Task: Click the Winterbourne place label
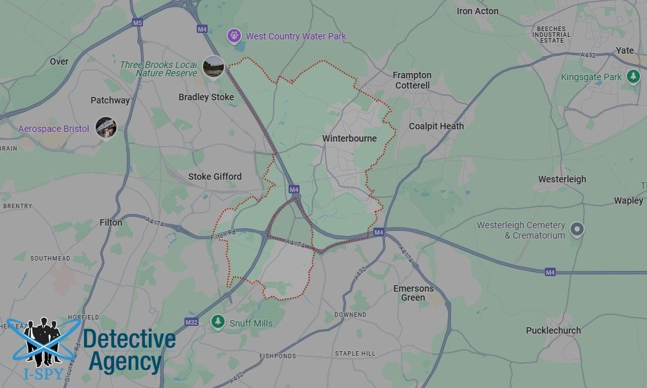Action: pyautogui.click(x=349, y=138)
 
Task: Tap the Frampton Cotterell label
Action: pyautogui.click(x=411, y=80)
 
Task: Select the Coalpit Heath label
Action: pyautogui.click(x=436, y=126)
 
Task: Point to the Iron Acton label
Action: pyautogui.click(x=477, y=11)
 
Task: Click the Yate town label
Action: pyautogui.click(x=625, y=50)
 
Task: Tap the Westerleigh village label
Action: pyautogui.click(x=562, y=179)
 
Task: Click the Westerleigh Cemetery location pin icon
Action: pyautogui.click(x=576, y=229)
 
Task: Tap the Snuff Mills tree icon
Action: pyautogui.click(x=218, y=322)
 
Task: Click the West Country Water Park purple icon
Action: pyautogui.click(x=235, y=36)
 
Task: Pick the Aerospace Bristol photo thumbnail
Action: pyautogui.click(x=105, y=127)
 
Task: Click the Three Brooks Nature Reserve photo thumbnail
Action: pyautogui.click(x=213, y=66)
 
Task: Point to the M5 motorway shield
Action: pyautogui.click(x=137, y=23)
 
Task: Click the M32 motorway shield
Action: pyautogui.click(x=191, y=322)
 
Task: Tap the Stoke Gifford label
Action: pyautogui.click(x=215, y=176)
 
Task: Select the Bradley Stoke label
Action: pyautogui.click(x=206, y=97)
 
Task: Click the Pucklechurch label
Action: pyautogui.click(x=553, y=330)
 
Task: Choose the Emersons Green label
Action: pyautogui.click(x=413, y=293)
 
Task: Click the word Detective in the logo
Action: pyautogui.click(x=129, y=339)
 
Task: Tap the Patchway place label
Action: pyautogui.click(x=110, y=100)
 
